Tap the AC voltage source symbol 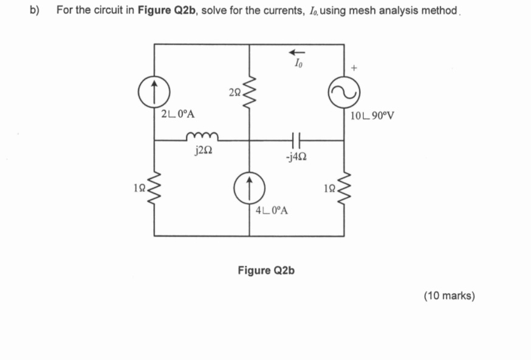coord(344,92)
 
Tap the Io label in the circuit coord(297,63)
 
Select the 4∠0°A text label coord(272,211)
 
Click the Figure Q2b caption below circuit coord(265,270)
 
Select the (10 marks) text coord(449,296)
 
